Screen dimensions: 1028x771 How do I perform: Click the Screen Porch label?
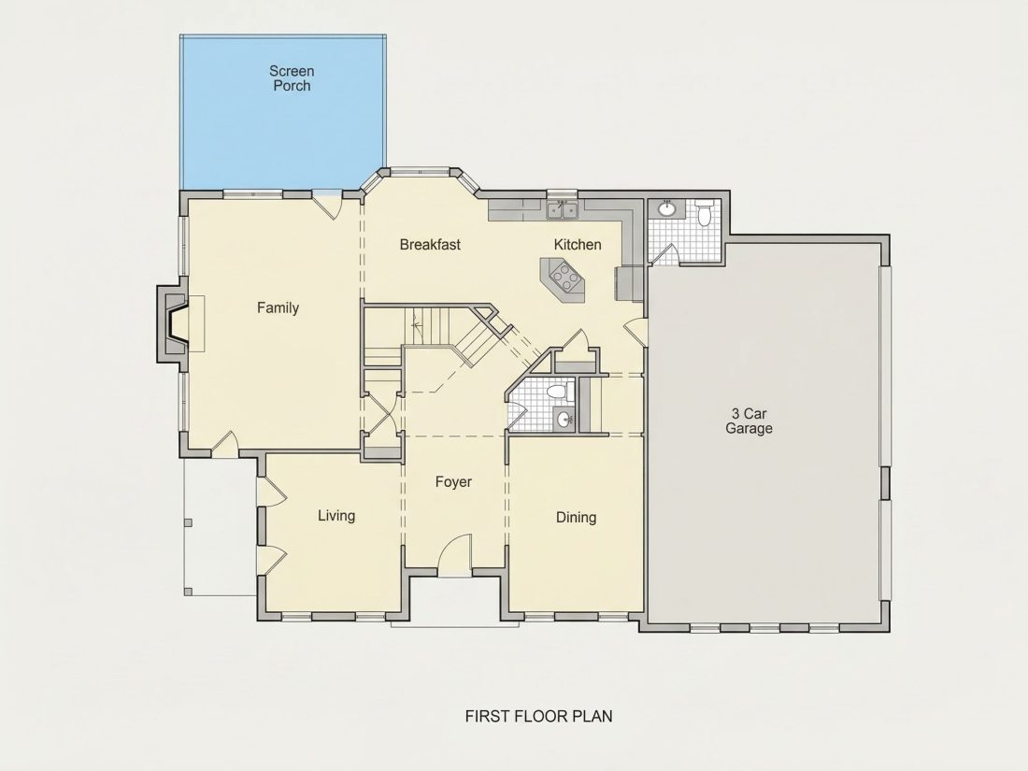click(x=292, y=78)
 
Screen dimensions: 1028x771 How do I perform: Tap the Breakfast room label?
click(x=430, y=245)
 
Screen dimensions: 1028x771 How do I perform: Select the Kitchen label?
click(x=578, y=245)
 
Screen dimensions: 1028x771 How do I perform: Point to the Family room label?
click(x=278, y=307)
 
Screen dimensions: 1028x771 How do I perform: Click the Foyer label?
click(x=453, y=482)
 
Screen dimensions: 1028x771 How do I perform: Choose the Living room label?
click(x=336, y=516)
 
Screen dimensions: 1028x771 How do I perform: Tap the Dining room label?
click(x=577, y=518)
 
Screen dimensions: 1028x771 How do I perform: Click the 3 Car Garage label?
click(x=749, y=421)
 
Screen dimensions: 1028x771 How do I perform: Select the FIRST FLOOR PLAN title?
click(x=539, y=716)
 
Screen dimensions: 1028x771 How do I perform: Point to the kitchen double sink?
click(x=563, y=210)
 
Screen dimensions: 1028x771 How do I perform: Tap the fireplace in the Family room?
click(x=172, y=323)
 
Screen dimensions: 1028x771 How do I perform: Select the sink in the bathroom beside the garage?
click(x=667, y=208)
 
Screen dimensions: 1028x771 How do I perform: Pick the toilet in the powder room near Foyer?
click(x=557, y=393)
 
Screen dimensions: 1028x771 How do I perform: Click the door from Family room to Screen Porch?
click(x=326, y=203)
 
